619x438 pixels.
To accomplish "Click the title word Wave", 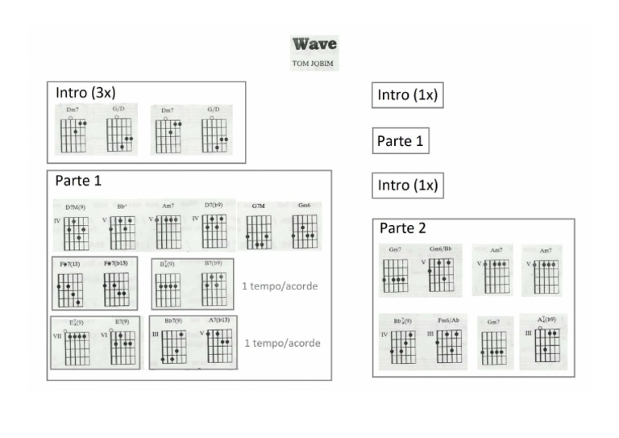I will [x=314, y=44].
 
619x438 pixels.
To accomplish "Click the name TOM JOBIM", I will [x=314, y=61].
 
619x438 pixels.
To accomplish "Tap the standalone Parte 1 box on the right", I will [x=401, y=140].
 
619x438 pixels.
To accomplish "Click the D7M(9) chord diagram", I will [x=76, y=232].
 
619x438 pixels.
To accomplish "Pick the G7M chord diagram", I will [x=258, y=232].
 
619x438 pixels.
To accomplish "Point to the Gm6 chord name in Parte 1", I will [x=304, y=206].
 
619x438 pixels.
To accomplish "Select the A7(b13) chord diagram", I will [x=219, y=345].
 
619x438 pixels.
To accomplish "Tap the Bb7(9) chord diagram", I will [x=174, y=347].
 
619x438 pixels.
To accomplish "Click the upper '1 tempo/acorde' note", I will [x=280, y=286].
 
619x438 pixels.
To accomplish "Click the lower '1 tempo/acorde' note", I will [x=282, y=343].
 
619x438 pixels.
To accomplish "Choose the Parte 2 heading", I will [x=402, y=228].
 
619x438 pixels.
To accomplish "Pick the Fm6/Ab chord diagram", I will [x=449, y=345].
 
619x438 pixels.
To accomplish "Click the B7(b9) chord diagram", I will [x=214, y=289].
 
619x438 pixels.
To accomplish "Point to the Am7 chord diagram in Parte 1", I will [x=168, y=232].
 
